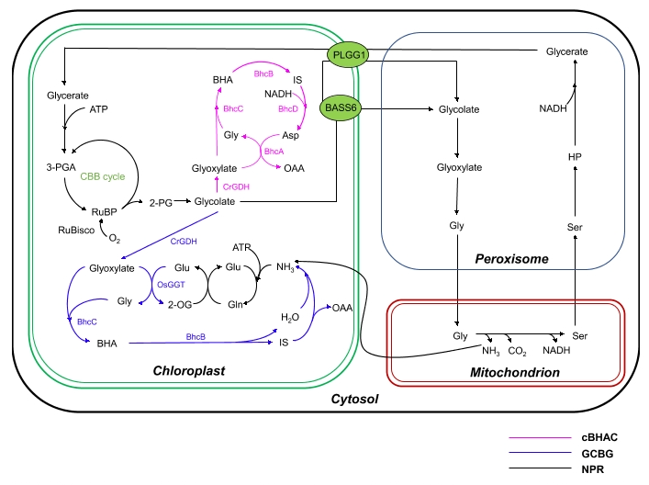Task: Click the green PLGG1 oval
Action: (350, 56)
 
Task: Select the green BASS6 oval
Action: (341, 108)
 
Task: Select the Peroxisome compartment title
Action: (511, 259)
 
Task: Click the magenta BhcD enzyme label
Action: (287, 109)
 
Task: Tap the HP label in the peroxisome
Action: (574, 157)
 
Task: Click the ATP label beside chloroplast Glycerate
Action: (99, 110)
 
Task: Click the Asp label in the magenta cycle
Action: (304, 134)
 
